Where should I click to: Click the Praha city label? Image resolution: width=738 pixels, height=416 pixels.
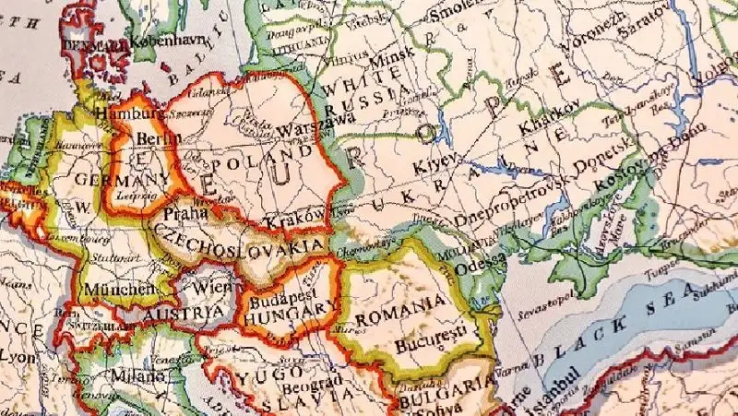(x=183, y=214)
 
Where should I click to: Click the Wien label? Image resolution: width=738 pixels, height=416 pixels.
(x=212, y=287)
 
